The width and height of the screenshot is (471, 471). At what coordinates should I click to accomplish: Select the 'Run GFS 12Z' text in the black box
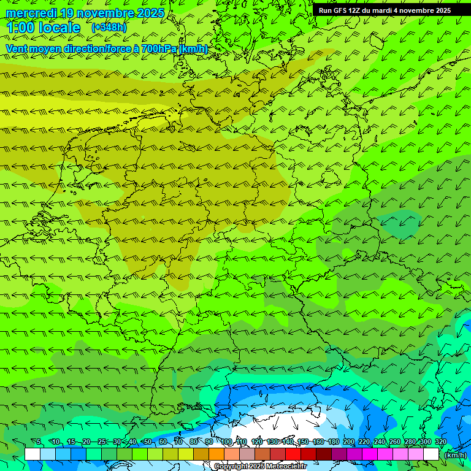(339, 10)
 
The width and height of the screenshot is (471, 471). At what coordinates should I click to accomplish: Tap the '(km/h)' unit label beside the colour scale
(454, 455)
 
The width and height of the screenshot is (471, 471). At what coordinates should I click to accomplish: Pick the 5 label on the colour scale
(39, 442)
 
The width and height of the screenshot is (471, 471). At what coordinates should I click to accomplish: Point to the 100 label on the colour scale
(226, 442)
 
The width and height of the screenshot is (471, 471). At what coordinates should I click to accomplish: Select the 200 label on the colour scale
(349, 442)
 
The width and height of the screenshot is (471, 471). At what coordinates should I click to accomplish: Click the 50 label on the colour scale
(148, 442)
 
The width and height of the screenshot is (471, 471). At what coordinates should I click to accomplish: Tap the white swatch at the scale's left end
(33, 454)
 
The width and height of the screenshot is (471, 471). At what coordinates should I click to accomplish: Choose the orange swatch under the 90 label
(216, 454)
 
